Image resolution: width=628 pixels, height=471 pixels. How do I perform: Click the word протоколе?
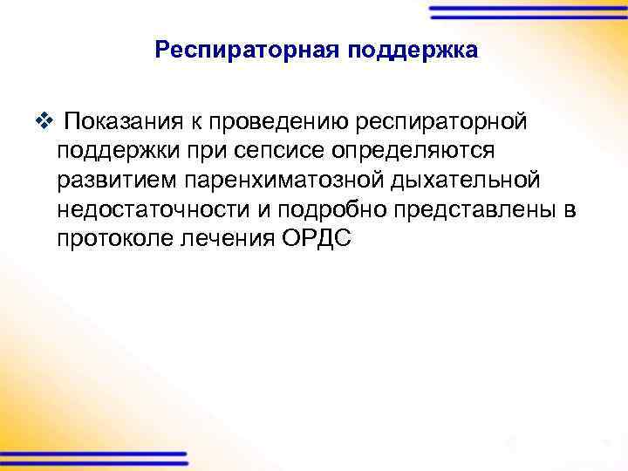(116, 238)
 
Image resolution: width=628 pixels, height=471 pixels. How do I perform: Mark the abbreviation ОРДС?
(317, 238)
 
